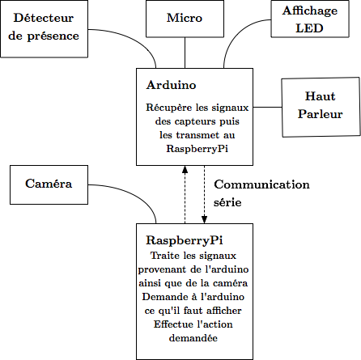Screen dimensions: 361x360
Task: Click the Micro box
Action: coord(185,19)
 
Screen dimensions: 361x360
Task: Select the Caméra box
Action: coord(49,184)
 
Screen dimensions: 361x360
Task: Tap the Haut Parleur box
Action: coord(321,108)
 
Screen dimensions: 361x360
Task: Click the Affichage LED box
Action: coord(310,19)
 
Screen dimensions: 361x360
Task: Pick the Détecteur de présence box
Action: coord(44,28)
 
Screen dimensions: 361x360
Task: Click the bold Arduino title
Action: coord(172,85)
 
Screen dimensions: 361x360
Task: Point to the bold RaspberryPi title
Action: coord(185,240)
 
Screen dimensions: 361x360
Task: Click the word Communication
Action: coord(261,184)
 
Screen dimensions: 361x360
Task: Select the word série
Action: coord(227,202)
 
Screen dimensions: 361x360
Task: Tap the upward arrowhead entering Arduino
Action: coord(185,169)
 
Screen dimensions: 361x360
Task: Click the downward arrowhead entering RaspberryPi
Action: coord(204,219)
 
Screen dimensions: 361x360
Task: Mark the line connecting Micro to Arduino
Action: coord(185,53)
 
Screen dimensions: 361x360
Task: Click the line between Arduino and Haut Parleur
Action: coord(267,107)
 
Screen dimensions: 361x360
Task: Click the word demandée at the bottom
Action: coord(193,338)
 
